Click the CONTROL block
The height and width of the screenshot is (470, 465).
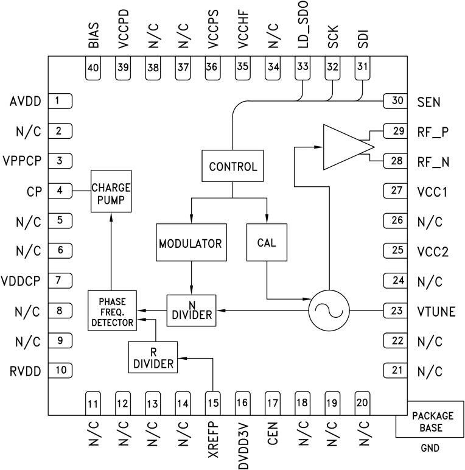pyautogui.click(x=232, y=166)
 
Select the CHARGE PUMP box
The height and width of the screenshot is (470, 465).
pyautogui.click(x=111, y=191)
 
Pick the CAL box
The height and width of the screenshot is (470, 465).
pyautogui.click(x=267, y=242)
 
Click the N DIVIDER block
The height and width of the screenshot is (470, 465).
pyautogui.click(x=192, y=309)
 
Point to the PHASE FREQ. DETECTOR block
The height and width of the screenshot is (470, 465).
pyautogui.click(x=113, y=310)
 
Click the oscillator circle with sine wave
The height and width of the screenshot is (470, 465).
pyautogui.click(x=329, y=310)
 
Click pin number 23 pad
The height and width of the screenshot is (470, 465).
pyautogui.click(x=396, y=310)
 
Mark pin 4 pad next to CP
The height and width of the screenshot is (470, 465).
pyautogui.click(x=60, y=191)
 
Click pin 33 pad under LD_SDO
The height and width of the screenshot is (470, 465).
pyautogui.click(x=302, y=67)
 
